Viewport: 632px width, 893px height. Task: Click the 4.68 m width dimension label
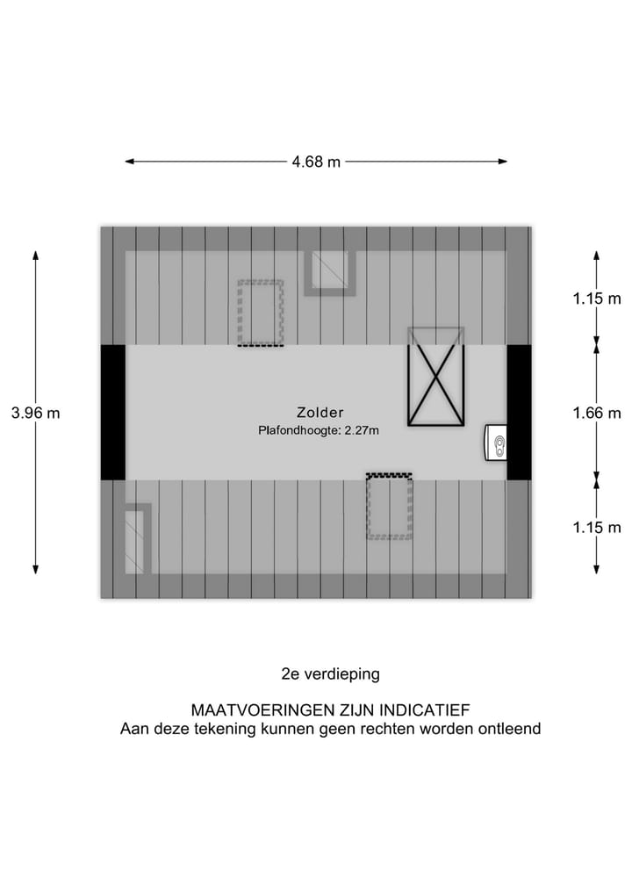click(316, 162)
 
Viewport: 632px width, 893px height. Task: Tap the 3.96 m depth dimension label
click(35, 412)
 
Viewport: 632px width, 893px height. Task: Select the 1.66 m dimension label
click(596, 412)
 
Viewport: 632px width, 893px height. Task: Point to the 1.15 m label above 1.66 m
click(596, 299)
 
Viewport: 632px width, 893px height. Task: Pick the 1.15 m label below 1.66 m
click(596, 527)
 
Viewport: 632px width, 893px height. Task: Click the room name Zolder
click(320, 412)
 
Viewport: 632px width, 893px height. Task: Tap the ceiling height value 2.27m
click(360, 430)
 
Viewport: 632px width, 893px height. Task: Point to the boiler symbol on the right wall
click(497, 443)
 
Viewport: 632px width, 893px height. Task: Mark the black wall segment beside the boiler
click(520, 412)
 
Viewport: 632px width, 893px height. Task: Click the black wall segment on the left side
click(112, 412)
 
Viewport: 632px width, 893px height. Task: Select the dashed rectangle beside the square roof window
click(261, 313)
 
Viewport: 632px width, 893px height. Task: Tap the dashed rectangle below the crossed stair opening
click(389, 507)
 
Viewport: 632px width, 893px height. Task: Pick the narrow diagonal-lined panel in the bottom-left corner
click(138, 539)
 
